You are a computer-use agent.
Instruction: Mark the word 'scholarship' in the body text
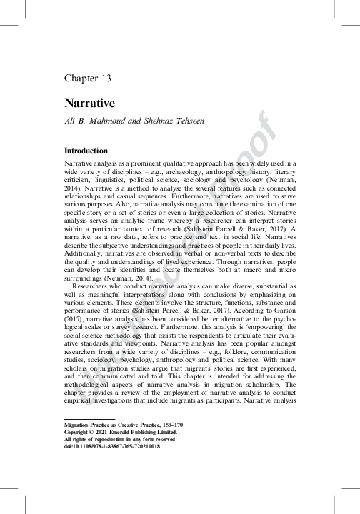click(x=248, y=403)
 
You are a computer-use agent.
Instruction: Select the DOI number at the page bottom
click(x=119, y=466)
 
